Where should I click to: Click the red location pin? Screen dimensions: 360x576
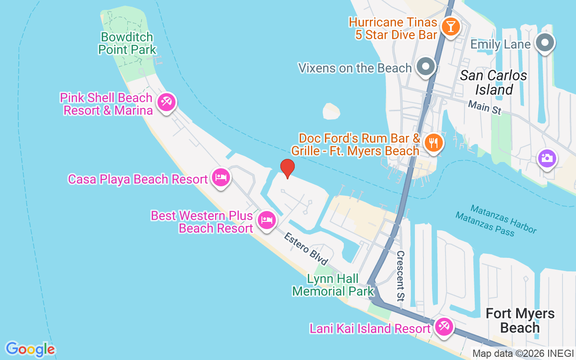[x=287, y=168]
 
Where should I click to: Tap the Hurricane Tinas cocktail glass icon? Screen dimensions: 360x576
[x=450, y=26]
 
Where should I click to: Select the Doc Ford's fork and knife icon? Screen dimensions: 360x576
[x=433, y=143]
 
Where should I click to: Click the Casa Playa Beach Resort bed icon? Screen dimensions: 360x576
[x=220, y=177]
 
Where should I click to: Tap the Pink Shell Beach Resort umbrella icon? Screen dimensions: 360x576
[x=166, y=103]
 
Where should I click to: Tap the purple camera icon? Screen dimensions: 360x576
[x=547, y=158]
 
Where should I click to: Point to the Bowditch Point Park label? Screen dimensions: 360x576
[x=127, y=43]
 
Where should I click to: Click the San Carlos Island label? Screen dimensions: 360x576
[x=494, y=82]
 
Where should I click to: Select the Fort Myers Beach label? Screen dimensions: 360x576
[x=520, y=320]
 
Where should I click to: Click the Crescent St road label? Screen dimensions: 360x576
[x=400, y=275]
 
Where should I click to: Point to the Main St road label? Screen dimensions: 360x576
[x=484, y=107]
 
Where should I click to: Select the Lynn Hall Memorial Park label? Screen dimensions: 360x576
[x=333, y=285]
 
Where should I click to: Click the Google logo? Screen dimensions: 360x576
[x=30, y=349]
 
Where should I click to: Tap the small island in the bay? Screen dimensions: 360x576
[x=332, y=111]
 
